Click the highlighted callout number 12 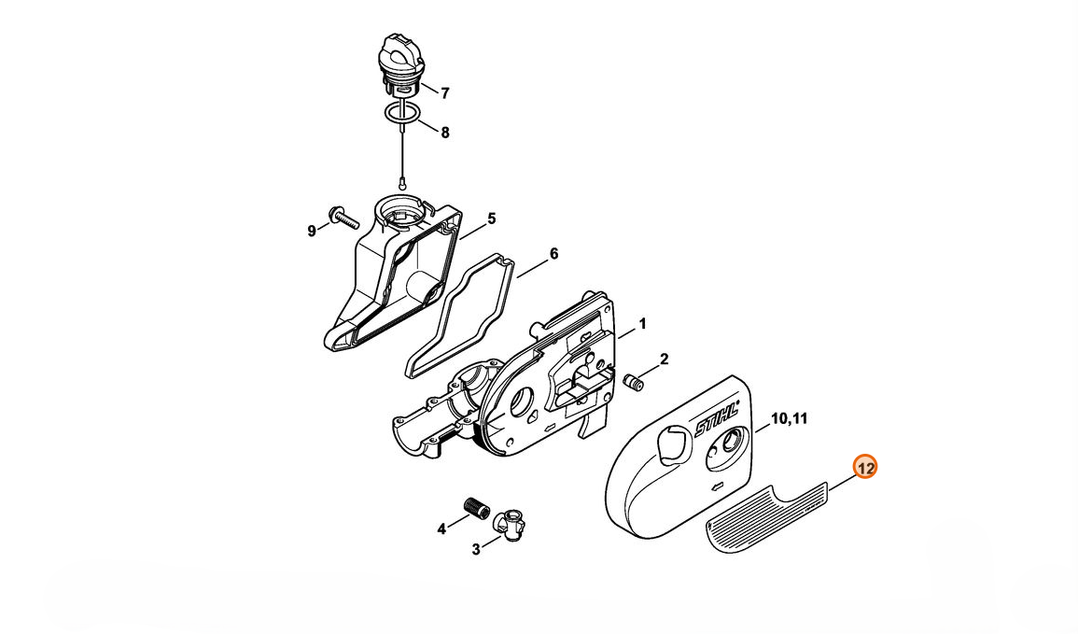865,469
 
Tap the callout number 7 445,93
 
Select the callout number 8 445,133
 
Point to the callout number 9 312,231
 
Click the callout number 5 492,218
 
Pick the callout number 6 553,254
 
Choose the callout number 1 643,323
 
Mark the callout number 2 665,359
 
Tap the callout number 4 441,528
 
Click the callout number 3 476,550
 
